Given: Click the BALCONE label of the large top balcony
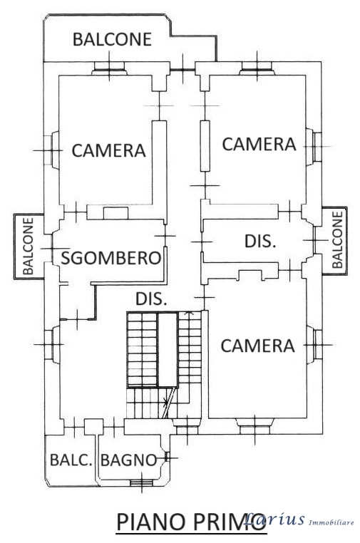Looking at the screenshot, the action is coord(112,39).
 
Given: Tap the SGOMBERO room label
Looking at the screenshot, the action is coord(111,258).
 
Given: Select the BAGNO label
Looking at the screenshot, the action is coord(129,460).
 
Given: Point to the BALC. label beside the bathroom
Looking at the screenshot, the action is coord(71,460).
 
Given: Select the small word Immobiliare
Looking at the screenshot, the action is coord(331,522).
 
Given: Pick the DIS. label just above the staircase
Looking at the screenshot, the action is coord(151,299).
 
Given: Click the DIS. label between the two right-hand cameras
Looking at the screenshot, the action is coord(260,241).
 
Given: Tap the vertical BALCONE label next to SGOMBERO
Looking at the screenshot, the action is coord(28,246).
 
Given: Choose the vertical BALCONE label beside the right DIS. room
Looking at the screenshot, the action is coord(337,239).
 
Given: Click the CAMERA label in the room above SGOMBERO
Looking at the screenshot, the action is coord(108,150).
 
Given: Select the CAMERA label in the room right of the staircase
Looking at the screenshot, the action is coord(257,346).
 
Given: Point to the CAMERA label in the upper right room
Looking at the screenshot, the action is coord(259,144).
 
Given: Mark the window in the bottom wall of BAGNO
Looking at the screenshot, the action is coord(142,483).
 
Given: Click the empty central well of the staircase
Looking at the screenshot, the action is coord(168,349).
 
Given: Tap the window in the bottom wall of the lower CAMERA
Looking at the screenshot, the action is coord(254,426).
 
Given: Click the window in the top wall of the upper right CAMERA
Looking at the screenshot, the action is coord(257,68).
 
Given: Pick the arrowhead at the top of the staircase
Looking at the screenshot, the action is coord(189,313).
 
